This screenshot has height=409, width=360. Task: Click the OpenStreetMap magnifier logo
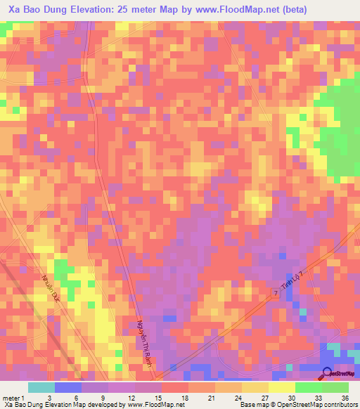click(328, 374)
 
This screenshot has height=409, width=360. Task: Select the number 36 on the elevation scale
click(344, 397)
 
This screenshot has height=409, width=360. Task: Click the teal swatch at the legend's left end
click(41, 387)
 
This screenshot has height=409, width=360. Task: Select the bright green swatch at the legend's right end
click(335, 387)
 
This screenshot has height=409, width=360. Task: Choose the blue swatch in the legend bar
click(68, 387)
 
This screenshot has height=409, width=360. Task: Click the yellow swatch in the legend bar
click(281, 387)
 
